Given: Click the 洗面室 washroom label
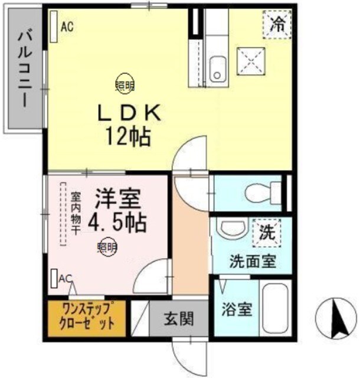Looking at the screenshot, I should [x=253, y=260].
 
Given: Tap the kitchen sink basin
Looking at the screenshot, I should [x=217, y=67].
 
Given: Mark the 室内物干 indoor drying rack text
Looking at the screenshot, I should [x=75, y=213].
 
